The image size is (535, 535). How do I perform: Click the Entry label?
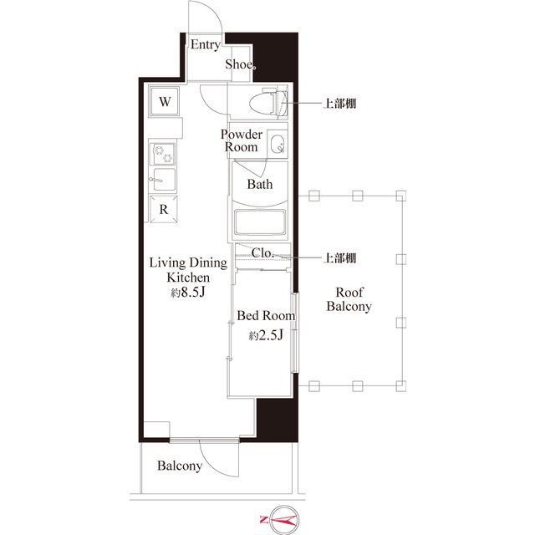tap(204, 45)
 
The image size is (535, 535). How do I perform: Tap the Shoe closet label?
tap(240, 65)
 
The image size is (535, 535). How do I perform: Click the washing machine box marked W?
tap(166, 102)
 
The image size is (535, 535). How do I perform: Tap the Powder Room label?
tap(242, 140)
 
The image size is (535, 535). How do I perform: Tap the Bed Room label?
tap(265, 316)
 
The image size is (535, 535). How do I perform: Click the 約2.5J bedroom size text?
tap(266, 336)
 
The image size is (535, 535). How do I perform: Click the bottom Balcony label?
tap(180, 466)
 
